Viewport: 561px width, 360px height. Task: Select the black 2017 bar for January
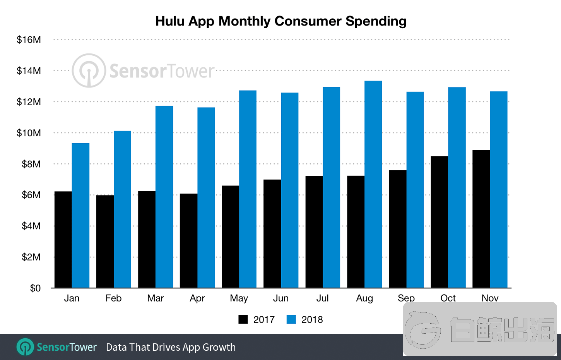pos(63,240)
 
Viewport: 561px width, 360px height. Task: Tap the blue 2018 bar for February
pos(122,209)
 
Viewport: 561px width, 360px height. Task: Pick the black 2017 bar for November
pos(481,219)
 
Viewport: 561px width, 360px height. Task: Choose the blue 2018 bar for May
pos(248,189)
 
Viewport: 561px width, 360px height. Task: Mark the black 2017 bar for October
pos(439,222)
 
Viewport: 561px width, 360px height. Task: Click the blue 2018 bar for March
pos(164,197)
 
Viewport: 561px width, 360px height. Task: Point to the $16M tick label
pos(29,40)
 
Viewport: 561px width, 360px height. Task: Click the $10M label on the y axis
pos(29,133)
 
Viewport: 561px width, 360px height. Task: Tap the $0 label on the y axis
pos(35,288)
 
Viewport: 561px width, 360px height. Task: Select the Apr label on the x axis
pos(197,298)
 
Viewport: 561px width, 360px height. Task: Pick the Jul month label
pos(322,298)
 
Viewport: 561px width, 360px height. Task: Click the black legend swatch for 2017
pos(243,319)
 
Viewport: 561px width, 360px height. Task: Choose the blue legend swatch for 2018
pos(291,319)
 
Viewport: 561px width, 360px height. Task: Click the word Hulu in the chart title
pos(170,21)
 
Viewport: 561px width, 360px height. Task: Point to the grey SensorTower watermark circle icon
pos(89,70)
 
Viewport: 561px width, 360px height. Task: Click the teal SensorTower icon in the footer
pos(25,347)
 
